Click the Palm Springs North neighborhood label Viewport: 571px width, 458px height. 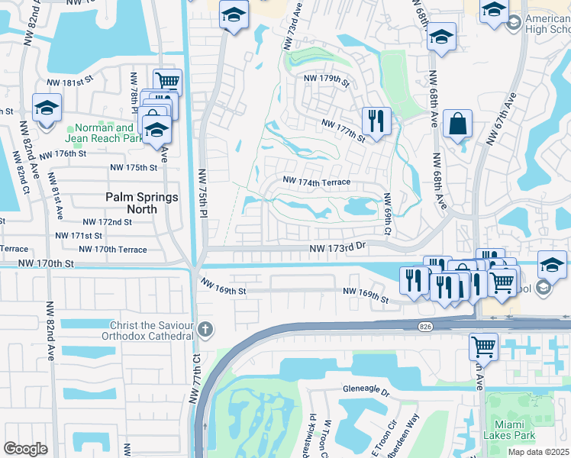click(141, 203)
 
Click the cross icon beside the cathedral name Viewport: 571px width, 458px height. click(204, 330)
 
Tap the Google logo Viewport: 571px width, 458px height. click(25, 448)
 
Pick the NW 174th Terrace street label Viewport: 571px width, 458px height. click(316, 182)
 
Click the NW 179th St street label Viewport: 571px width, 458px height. click(326, 79)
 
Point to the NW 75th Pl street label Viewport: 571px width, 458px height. click(202, 195)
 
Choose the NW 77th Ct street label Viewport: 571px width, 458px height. click(195, 379)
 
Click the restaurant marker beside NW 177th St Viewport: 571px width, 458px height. click(376, 120)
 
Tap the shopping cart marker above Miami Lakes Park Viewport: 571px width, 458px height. click(483, 346)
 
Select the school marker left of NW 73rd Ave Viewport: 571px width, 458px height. click(234, 15)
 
